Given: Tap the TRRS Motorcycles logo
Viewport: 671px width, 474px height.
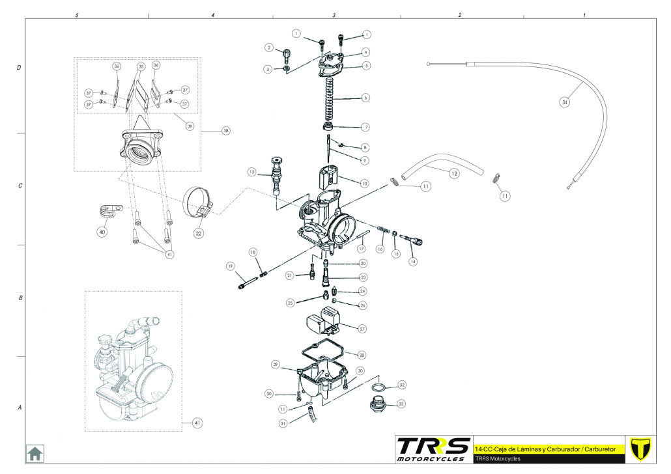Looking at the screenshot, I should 433,449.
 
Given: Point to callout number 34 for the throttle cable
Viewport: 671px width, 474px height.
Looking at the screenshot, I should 565,102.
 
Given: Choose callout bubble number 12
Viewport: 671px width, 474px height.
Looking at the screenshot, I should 454,173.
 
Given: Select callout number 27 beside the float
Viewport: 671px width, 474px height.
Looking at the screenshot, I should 362,329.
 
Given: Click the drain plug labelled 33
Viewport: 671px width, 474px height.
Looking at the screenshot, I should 377,404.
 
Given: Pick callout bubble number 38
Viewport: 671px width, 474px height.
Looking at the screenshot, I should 226,131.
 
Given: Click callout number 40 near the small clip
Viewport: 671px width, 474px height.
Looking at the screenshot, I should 102,232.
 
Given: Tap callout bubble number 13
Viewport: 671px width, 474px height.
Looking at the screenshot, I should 251,172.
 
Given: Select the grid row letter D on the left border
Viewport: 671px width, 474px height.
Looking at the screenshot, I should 19,67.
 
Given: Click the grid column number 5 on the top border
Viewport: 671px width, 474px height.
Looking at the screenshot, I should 78,14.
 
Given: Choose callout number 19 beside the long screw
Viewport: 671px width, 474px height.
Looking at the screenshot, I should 230,266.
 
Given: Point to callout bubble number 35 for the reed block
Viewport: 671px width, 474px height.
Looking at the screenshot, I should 141,66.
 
